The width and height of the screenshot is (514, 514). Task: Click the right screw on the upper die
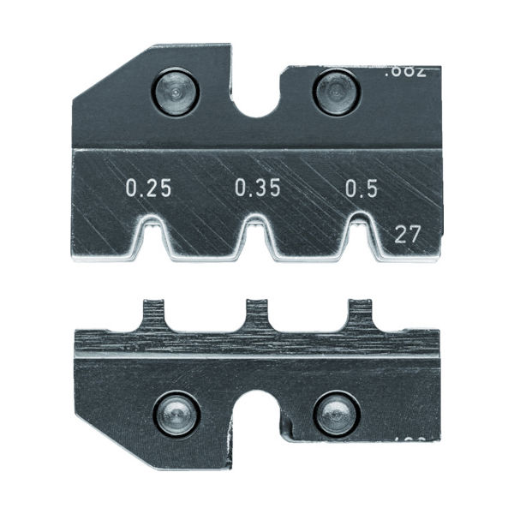(332, 92)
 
